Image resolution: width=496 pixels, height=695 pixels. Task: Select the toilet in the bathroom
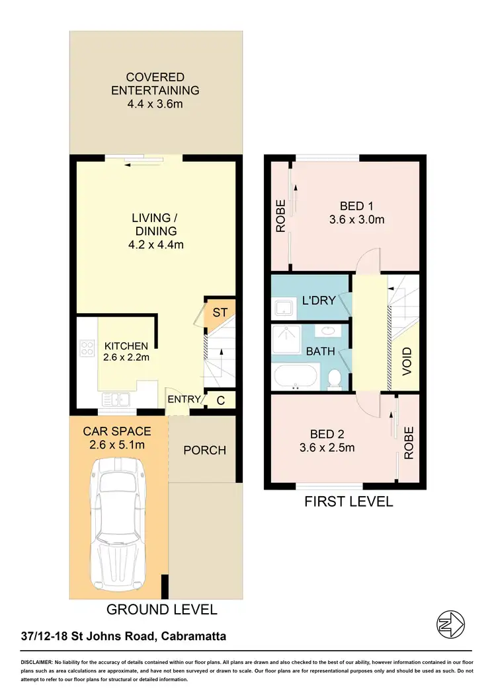335,378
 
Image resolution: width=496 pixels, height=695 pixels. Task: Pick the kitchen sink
116,399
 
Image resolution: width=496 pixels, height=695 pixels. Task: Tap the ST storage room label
219,311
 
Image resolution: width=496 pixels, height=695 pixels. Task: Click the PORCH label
204,451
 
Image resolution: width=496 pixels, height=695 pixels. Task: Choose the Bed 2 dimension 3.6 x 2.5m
328,447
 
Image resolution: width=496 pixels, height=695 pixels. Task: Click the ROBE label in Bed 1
280,216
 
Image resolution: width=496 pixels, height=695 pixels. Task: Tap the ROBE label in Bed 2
408,443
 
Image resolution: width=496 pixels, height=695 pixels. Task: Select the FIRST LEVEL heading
348,501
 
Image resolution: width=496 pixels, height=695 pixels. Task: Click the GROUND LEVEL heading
161,609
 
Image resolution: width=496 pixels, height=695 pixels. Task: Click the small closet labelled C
220,400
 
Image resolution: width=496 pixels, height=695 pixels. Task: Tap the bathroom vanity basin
327,331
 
